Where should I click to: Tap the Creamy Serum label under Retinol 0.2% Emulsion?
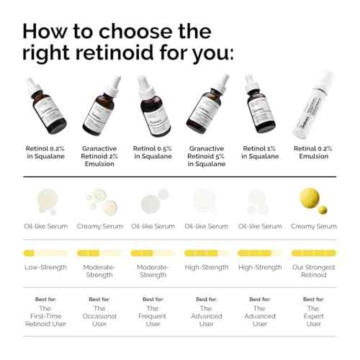(314, 226)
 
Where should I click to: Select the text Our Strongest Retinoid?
(314, 271)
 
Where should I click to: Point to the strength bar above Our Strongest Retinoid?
(314, 253)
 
